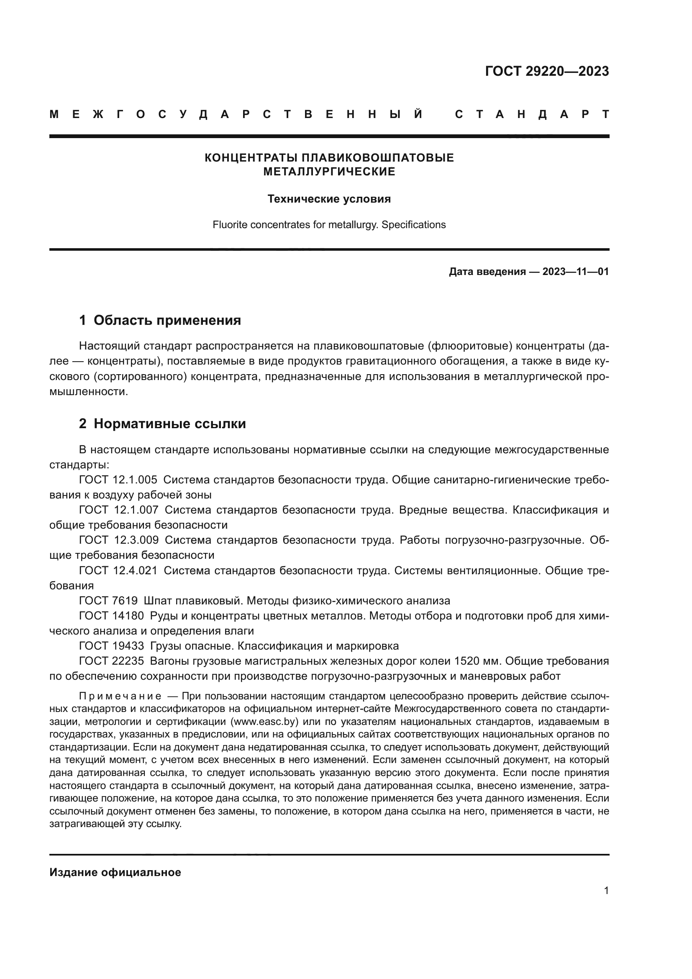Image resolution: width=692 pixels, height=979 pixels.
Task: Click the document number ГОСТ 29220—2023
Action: [547, 71]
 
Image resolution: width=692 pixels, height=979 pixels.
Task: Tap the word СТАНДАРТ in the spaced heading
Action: [532, 115]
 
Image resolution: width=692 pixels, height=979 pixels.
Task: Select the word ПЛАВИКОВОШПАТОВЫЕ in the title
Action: [377, 158]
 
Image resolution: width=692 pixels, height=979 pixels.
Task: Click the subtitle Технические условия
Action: [329, 199]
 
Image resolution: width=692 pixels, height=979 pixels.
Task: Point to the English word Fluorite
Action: [230, 225]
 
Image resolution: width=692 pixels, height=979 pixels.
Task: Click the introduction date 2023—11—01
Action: [575, 272]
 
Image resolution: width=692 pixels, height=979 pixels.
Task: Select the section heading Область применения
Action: [167, 320]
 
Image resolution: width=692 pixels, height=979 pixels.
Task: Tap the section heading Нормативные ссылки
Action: [169, 424]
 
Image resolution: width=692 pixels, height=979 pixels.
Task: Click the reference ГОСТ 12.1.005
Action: [118, 480]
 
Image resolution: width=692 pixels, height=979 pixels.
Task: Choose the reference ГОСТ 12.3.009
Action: [118, 540]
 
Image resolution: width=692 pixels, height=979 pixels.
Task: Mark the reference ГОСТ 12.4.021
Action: [118, 570]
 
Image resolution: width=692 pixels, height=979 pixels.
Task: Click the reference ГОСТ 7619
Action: [108, 601]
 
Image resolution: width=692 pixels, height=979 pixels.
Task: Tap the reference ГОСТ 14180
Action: [111, 616]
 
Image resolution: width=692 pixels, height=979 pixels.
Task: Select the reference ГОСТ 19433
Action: [111, 646]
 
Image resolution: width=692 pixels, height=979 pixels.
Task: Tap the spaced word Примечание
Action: [120, 696]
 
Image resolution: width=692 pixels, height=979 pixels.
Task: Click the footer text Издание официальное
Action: [115, 872]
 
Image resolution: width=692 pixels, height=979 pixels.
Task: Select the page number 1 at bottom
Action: [606, 891]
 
